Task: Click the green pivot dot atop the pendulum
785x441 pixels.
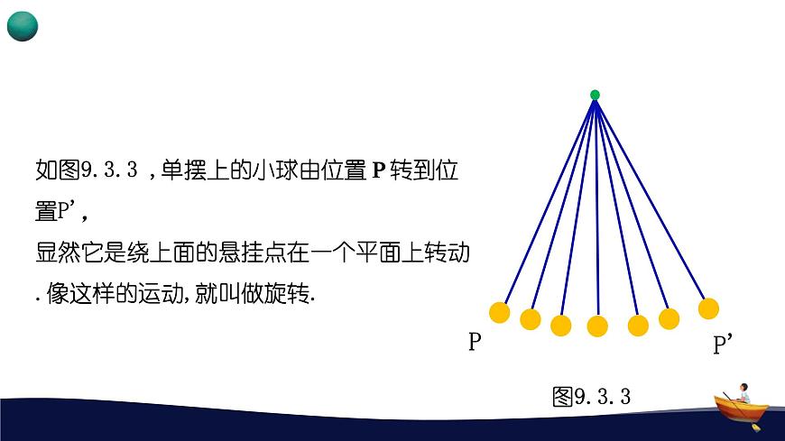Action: (595, 95)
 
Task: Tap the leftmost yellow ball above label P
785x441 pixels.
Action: (499, 312)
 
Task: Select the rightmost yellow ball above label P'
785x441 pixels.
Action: (708, 308)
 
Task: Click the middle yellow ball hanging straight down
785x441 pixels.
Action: (597, 326)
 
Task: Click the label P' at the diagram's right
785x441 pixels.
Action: (723, 345)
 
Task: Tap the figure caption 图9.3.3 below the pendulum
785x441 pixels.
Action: (591, 396)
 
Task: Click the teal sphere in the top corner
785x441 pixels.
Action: (23, 26)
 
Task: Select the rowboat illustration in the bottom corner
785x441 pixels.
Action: (741, 411)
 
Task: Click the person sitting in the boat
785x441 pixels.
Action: (743, 392)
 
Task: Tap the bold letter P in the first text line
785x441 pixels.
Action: (378, 170)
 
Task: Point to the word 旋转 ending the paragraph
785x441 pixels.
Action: (289, 294)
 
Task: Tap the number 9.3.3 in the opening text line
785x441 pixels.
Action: (108, 170)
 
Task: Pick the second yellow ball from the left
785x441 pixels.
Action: (531, 319)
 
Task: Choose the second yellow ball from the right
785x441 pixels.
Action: (669, 318)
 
